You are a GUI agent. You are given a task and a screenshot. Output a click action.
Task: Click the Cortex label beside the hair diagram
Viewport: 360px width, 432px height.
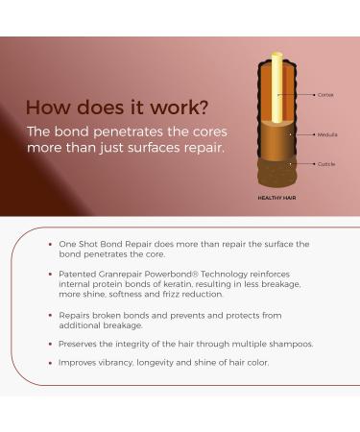point(325,95)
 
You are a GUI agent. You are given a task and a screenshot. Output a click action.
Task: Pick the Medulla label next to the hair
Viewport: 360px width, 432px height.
point(326,134)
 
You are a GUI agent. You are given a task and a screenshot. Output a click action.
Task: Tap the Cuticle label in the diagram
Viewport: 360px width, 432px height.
point(325,164)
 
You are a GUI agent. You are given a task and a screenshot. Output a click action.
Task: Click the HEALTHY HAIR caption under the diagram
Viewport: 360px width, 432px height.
point(276,198)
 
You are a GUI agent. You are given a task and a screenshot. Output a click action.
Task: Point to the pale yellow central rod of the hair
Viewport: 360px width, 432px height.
point(277,86)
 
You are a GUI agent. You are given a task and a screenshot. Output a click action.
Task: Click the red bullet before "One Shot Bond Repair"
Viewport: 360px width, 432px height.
point(50,244)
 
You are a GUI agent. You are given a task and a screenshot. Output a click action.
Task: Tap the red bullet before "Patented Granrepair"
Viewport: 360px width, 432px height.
point(50,274)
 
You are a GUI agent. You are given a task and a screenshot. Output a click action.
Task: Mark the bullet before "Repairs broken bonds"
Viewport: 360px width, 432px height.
point(50,314)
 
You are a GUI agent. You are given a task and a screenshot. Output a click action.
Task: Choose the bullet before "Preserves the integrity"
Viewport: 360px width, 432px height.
point(50,343)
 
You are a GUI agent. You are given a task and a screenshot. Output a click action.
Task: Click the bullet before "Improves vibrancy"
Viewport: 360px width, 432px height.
point(50,362)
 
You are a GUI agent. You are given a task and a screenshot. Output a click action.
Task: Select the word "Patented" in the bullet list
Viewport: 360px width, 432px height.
point(78,274)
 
